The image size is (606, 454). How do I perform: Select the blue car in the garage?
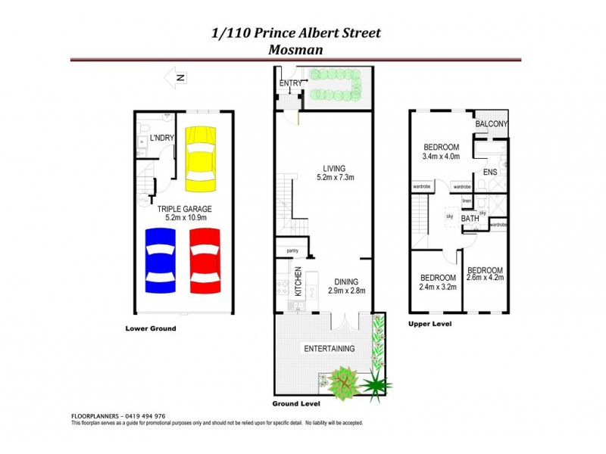[x=161, y=260]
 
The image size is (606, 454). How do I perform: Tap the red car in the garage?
[x=205, y=260]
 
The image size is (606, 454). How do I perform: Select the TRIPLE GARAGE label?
[x=184, y=209]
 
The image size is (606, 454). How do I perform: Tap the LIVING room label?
[x=334, y=168]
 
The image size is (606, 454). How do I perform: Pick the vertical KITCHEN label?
[x=298, y=281]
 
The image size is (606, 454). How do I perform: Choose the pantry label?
[x=292, y=251]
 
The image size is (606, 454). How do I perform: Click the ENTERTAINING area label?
[x=330, y=349]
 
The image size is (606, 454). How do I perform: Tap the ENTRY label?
[x=290, y=83]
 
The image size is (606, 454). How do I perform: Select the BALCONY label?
[x=491, y=124]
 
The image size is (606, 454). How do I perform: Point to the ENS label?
[x=489, y=173]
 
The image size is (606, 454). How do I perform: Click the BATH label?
[x=470, y=218]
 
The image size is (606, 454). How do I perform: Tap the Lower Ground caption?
[x=151, y=328]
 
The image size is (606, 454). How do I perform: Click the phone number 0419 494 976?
[x=144, y=416]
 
